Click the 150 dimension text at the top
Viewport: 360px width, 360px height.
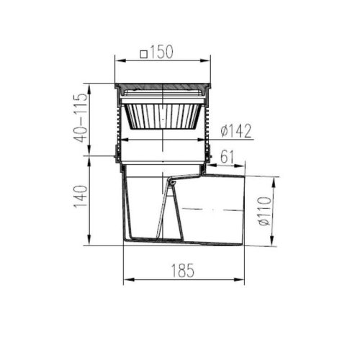(161, 52)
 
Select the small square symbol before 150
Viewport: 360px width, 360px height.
(143, 54)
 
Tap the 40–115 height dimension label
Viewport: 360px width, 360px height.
(81, 118)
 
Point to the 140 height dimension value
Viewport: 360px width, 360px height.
(81, 197)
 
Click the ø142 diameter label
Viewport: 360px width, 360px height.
(236, 130)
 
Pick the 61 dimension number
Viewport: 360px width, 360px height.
(227, 157)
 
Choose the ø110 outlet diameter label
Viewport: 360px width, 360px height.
(264, 211)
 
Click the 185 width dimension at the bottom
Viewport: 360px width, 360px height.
(183, 270)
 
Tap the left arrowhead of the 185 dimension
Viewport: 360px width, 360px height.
(128, 279)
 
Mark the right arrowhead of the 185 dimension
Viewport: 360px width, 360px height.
(239, 279)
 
